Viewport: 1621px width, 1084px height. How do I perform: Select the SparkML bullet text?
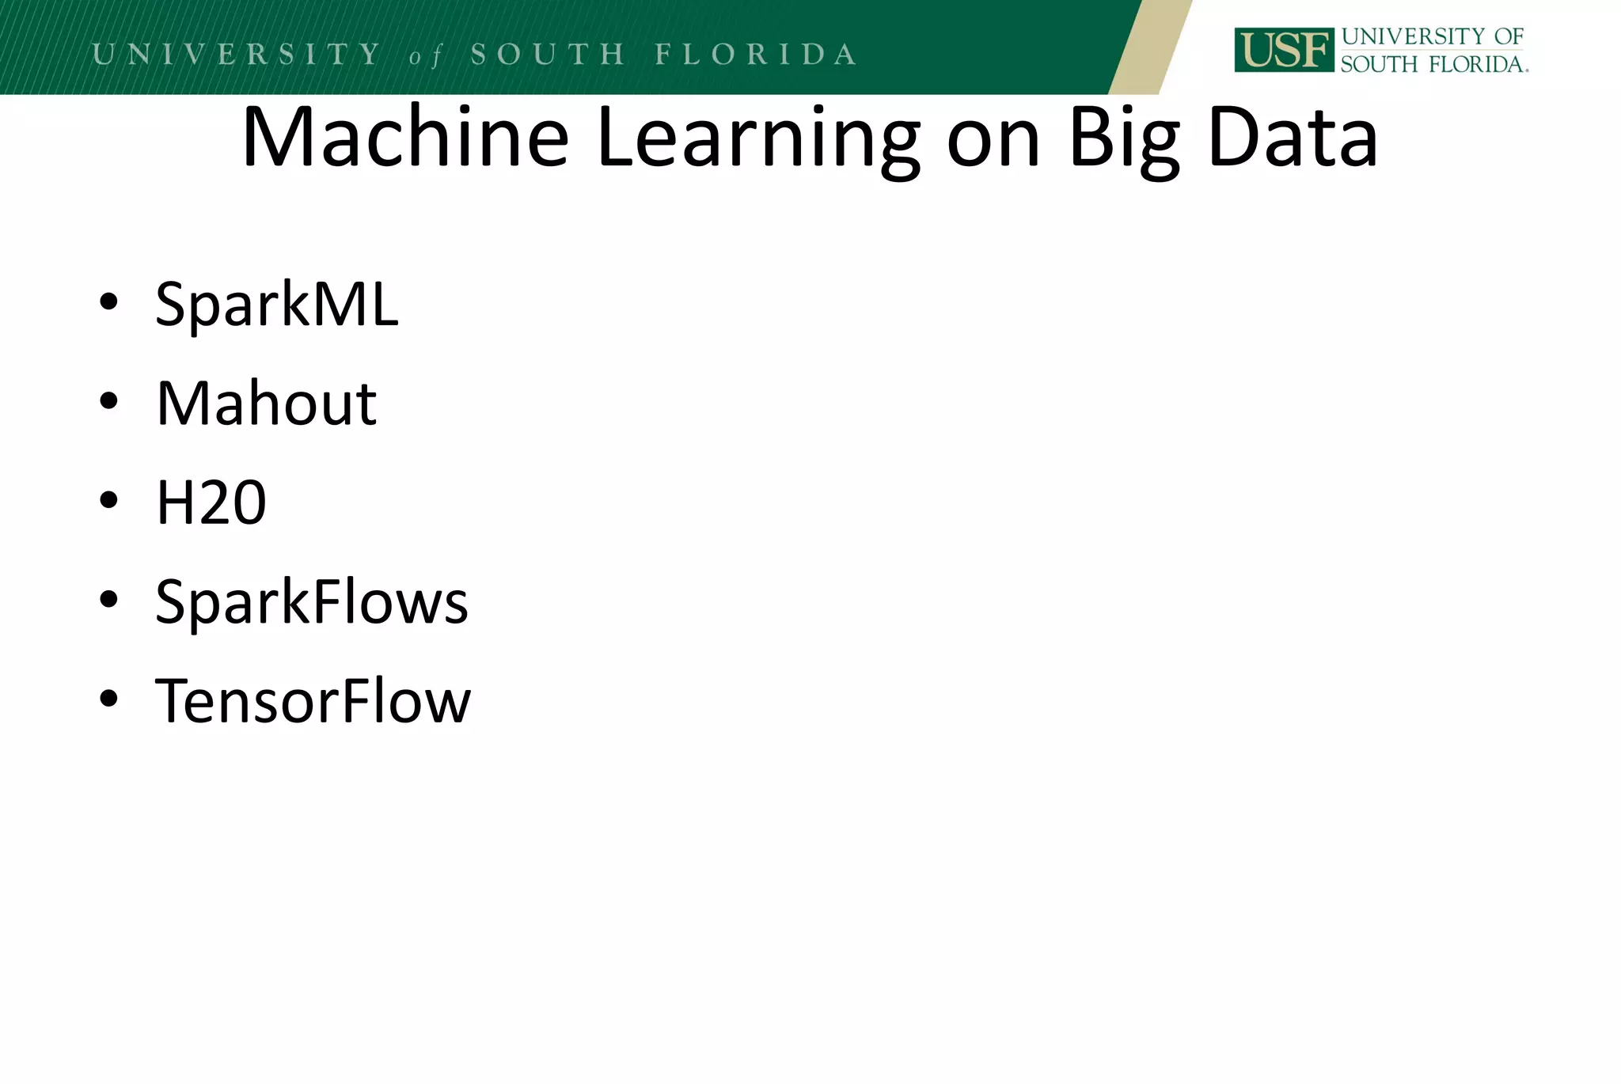click(277, 304)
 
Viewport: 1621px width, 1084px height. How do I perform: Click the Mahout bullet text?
click(266, 404)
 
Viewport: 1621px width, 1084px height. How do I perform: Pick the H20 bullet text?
click(211, 502)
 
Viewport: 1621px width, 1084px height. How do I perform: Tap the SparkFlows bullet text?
click(312, 602)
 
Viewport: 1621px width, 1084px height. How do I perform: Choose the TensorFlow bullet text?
click(313, 701)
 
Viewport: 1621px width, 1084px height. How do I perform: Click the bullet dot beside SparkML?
click(109, 301)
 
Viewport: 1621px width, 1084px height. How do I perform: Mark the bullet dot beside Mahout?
click(109, 401)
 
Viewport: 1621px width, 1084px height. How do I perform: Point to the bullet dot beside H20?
click(109, 500)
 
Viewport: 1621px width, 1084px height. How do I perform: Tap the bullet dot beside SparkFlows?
click(109, 599)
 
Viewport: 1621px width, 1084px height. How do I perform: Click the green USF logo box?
click(1283, 51)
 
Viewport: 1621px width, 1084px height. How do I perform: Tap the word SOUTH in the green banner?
click(548, 54)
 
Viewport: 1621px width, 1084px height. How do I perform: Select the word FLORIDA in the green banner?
click(756, 54)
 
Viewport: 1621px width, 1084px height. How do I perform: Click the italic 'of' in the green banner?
click(425, 56)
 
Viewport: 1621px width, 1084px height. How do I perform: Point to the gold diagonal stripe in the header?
click(1149, 47)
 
